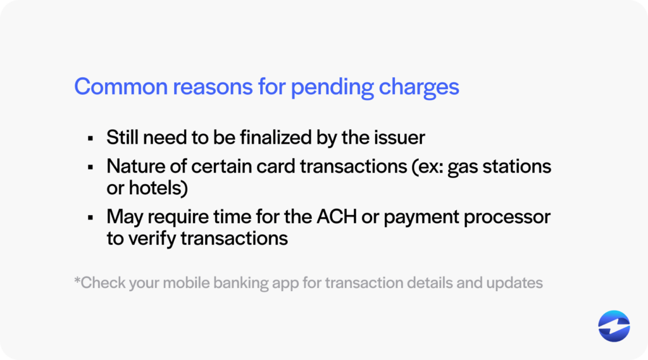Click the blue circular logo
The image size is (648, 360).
(x=614, y=326)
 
